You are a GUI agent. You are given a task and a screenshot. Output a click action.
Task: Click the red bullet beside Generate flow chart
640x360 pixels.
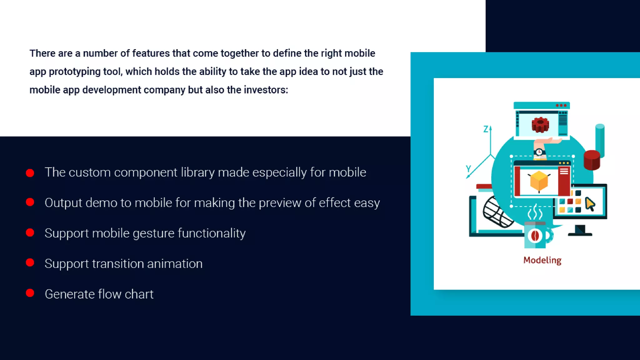point(30,293)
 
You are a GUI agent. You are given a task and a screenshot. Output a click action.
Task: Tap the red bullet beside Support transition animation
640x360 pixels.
point(30,262)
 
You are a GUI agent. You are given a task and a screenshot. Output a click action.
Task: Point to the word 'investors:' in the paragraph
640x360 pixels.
point(266,90)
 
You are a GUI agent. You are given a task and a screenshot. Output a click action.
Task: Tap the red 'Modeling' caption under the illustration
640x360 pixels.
point(542,260)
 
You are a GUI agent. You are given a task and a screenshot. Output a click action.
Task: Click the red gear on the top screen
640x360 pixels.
point(540,125)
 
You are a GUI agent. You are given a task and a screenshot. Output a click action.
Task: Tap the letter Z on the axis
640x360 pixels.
point(485,129)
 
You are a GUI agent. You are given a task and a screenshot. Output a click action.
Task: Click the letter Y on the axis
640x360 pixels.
point(468,169)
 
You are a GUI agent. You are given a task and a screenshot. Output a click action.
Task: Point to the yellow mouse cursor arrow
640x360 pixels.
point(590,204)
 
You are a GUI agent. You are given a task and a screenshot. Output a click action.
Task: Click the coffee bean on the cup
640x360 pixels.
point(535,236)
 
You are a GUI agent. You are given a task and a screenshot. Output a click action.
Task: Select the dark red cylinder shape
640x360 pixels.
point(592,160)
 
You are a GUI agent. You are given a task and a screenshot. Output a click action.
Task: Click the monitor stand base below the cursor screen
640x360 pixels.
point(580,234)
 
